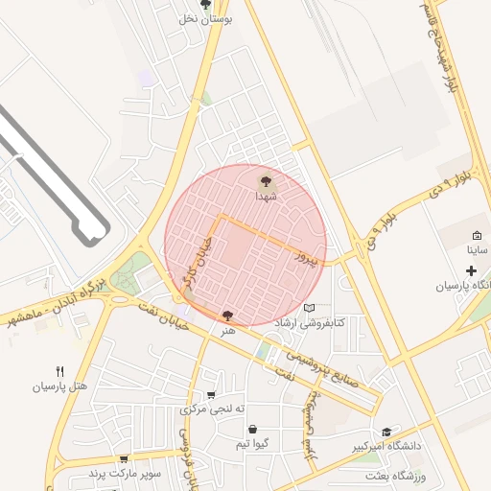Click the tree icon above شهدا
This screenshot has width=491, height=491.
[266, 179]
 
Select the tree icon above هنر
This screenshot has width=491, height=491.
[227, 316]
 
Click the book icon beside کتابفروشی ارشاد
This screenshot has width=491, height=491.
[309, 308]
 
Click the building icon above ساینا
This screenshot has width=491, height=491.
[477, 235]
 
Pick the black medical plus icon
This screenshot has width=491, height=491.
[470, 271]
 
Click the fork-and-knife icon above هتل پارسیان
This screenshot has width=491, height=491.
[60, 371]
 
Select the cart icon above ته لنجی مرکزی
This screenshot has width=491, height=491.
[211, 394]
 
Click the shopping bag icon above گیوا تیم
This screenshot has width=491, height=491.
[251, 429]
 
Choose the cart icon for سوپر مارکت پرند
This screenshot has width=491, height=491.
[123, 459]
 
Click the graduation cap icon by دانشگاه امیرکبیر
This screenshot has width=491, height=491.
[386, 433]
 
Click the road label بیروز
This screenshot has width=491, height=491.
[305, 256]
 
